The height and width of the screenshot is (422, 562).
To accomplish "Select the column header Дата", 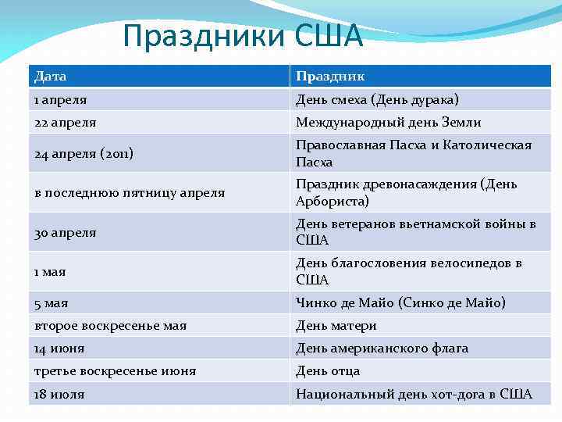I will (x=51, y=77).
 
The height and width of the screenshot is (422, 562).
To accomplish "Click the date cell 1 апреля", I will (x=61, y=100).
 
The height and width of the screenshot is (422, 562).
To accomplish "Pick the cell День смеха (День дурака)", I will (x=377, y=100).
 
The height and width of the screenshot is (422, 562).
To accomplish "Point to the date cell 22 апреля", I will (x=65, y=123).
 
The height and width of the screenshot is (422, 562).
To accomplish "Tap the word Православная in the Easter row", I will (x=343, y=145).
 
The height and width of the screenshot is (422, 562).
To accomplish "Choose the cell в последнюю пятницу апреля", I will (x=130, y=192).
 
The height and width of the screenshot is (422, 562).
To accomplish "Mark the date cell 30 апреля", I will (x=66, y=232).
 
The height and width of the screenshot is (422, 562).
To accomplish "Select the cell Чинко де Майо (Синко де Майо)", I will (x=400, y=302).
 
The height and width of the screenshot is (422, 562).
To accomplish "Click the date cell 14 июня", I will (x=59, y=349).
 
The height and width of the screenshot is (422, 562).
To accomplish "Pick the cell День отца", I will (x=328, y=371).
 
